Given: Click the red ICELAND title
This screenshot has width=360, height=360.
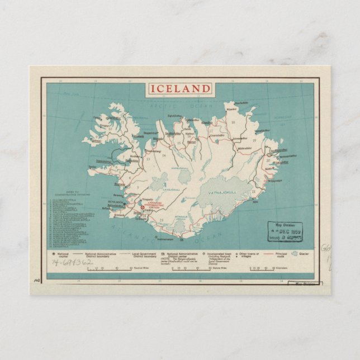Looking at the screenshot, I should (180, 89).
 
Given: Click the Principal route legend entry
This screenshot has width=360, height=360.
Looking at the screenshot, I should (278, 254).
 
